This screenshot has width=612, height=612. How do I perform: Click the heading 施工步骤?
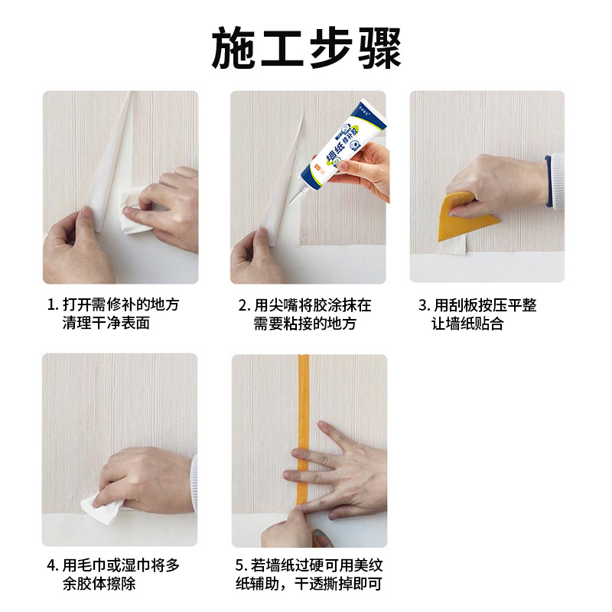pyautogui.click(x=306, y=48)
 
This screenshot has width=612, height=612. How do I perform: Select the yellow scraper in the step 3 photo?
pyautogui.click(x=462, y=218)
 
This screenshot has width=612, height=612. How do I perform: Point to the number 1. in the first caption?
pyautogui.click(x=52, y=305)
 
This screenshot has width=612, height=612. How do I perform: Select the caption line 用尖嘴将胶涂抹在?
pyautogui.click(x=313, y=305)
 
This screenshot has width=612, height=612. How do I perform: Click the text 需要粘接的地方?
pyautogui.click(x=305, y=324)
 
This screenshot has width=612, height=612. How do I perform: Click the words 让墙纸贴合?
pyautogui.click(x=467, y=324)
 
